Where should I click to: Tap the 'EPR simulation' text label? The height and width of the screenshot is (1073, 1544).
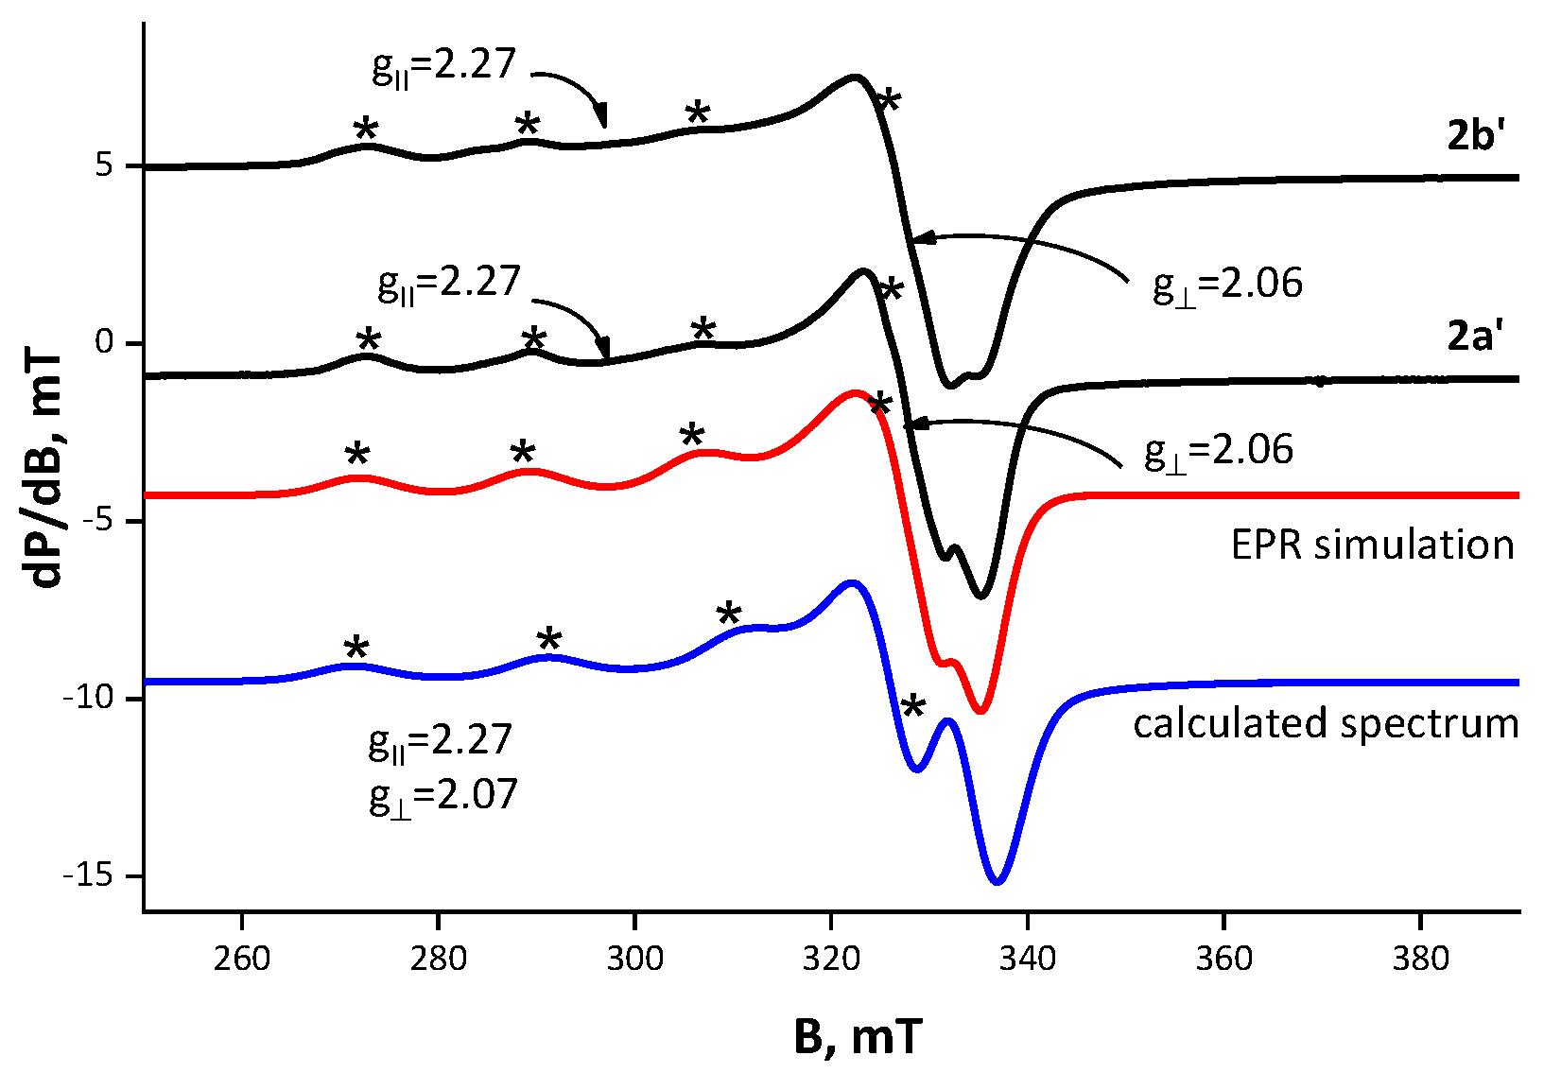[x=1372, y=545]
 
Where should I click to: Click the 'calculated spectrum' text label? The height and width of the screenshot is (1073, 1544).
[x=1326, y=724]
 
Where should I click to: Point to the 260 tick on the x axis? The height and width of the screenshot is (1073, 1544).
[x=243, y=958]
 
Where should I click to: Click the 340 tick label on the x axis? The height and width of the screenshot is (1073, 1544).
[x=1028, y=958]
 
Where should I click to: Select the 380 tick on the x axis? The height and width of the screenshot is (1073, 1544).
[x=1420, y=958]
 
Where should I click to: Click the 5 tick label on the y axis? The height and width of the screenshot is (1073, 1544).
[x=104, y=165]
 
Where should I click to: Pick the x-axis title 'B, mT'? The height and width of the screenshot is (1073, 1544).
[x=857, y=1038]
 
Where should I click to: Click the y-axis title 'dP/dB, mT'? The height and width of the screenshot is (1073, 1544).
[x=44, y=470]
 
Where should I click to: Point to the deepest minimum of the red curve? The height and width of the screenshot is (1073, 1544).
[x=980, y=712]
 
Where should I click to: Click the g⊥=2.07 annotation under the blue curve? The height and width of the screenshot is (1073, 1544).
[x=443, y=795]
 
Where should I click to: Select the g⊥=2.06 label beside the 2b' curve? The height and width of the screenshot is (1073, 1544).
[x=1227, y=285]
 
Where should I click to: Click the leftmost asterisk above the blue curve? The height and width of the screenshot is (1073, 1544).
[x=356, y=648]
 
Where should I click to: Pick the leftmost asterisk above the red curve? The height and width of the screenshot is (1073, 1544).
[x=356, y=455]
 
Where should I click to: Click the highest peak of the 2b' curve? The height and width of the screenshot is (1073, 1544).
[x=855, y=77]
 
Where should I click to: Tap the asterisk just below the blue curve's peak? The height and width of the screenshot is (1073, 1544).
[x=912, y=705]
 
